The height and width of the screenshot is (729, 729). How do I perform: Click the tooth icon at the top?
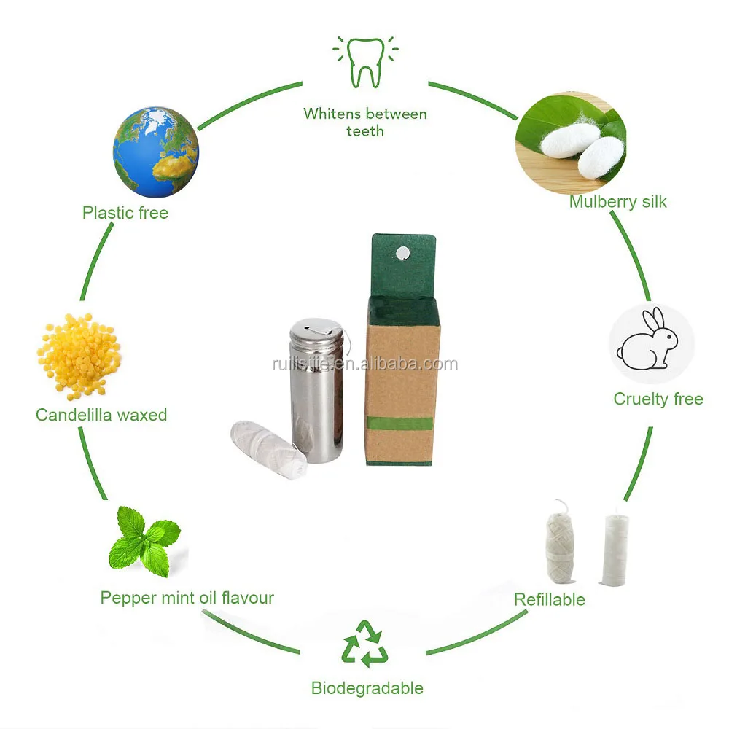pos(364,63)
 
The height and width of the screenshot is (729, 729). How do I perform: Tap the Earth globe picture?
pos(155,152)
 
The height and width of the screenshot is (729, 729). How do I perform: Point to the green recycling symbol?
pos(364,643)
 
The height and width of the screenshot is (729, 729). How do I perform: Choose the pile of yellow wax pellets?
pos(77,356)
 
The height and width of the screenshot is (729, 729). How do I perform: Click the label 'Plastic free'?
pos(125,214)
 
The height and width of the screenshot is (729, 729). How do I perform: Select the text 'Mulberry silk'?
pos(617,202)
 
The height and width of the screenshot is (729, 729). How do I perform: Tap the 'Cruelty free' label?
pos(658,399)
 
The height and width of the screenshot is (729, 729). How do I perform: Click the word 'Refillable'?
pos(549,599)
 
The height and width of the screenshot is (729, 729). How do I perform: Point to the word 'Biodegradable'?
pos(367,687)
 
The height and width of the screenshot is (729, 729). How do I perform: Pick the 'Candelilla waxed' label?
pos(101,415)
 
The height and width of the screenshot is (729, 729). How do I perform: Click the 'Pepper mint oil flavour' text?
pos(187,598)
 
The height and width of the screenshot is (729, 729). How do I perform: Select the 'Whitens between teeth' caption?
pos(364,122)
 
